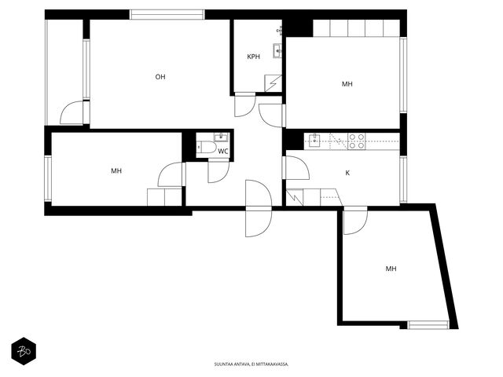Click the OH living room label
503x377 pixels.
click(x=160, y=77)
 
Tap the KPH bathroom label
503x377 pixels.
click(x=253, y=57)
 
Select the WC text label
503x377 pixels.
click(x=223, y=152)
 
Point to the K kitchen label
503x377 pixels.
click(x=347, y=173)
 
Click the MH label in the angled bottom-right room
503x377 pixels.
click(x=391, y=269)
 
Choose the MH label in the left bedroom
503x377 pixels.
click(x=116, y=171)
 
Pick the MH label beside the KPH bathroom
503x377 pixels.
click(x=347, y=84)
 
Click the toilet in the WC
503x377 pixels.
click(x=207, y=148)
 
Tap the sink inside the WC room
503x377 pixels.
click(x=221, y=137)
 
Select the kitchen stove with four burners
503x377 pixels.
click(x=357, y=141)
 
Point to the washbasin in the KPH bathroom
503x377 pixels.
click(x=277, y=50)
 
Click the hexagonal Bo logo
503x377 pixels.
click(x=24, y=351)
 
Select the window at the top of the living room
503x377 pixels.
click(x=167, y=15)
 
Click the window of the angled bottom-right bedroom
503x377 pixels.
click(x=428, y=325)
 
